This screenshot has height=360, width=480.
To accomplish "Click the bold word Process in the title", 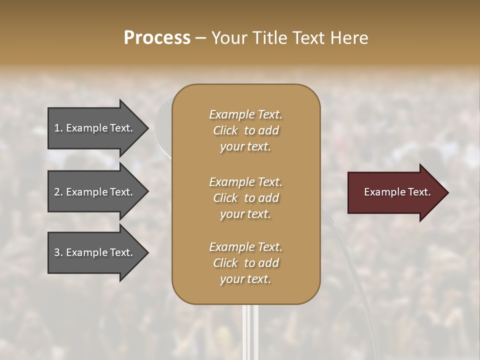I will [157, 38].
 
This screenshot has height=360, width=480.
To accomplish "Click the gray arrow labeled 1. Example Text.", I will [95, 128].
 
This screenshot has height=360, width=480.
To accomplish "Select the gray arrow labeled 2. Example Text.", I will [95, 192].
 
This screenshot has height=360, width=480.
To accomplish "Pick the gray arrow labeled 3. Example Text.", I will [95, 252].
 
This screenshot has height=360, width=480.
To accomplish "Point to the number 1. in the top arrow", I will [58, 128].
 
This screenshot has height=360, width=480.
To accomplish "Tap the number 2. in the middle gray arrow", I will [58, 192].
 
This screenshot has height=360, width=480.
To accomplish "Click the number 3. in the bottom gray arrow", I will [58, 252].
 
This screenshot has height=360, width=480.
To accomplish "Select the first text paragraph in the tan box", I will [245, 130].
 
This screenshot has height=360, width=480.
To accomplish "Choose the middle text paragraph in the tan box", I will [245, 198].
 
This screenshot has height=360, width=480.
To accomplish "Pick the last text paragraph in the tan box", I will [245, 263].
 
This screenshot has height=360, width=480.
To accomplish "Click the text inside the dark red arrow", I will [397, 192].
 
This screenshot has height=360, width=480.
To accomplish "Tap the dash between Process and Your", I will [200, 38].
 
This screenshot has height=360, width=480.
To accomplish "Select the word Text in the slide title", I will [308, 38].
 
